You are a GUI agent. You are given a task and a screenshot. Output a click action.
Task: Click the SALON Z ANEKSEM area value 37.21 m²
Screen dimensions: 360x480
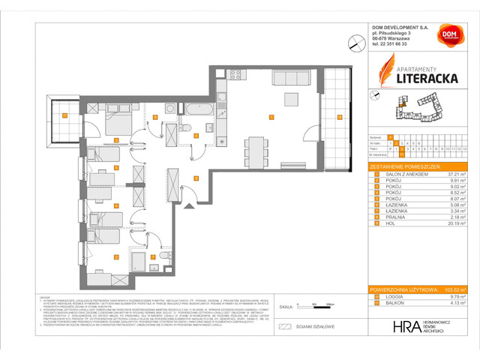457,173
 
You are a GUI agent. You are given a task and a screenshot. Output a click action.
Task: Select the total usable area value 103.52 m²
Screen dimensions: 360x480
455,289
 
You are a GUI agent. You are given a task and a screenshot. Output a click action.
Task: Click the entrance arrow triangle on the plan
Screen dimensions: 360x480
172,202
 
